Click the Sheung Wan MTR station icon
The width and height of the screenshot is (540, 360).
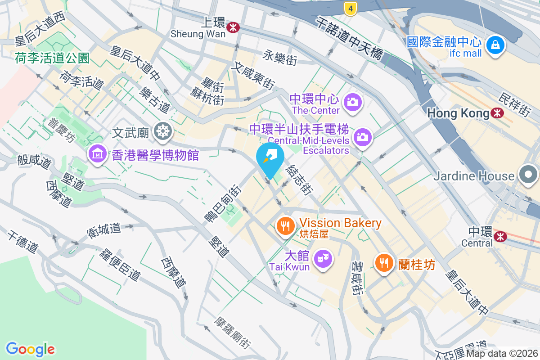pos(233,27)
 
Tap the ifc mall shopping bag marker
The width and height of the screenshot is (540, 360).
pos(495,45)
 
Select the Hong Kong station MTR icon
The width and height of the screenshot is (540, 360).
pos(498,113)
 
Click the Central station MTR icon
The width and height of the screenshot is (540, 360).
pos(500,236)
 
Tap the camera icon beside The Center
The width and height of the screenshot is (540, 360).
pos(352,102)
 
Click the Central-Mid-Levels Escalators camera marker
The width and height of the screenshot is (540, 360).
pos(362,136)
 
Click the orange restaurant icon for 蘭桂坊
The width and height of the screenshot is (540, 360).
pos(384,263)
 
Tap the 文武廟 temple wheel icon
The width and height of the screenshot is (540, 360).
pos(162,131)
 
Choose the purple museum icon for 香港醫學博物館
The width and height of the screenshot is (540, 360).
pos(97,154)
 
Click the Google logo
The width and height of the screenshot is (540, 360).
pos(31,349)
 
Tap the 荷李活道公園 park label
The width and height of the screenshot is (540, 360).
pos(52,58)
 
